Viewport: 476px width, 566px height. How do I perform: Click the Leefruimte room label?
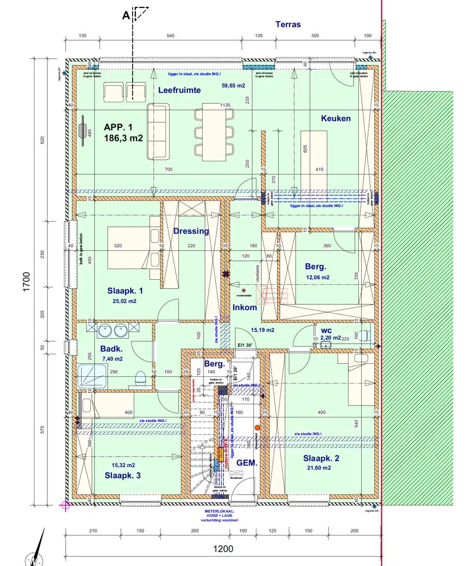click(x=179, y=90)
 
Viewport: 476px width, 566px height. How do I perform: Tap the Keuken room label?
click(x=336, y=118)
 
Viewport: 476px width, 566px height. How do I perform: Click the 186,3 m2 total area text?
click(x=123, y=138)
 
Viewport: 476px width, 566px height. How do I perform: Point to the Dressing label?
click(x=191, y=231)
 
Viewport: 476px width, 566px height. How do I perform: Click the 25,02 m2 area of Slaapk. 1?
click(x=124, y=301)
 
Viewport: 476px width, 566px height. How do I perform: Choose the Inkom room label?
click(x=245, y=308)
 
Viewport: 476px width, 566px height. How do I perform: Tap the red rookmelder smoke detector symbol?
click(x=244, y=291)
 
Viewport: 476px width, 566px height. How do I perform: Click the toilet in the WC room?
click(x=365, y=335)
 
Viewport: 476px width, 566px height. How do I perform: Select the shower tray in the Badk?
click(x=92, y=376)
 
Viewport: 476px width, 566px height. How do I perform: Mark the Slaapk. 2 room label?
click(x=321, y=458)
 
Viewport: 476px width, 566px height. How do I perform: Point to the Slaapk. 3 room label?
click(x=123, y=475)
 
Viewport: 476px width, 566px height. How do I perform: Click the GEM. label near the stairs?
click(x=247, y=463)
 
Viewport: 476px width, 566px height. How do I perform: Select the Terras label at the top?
click(x=288, y=25)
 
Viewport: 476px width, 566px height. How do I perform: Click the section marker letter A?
click(x=126, y=15)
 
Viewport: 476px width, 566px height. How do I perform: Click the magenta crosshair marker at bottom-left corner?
click(x=65, y=506)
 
